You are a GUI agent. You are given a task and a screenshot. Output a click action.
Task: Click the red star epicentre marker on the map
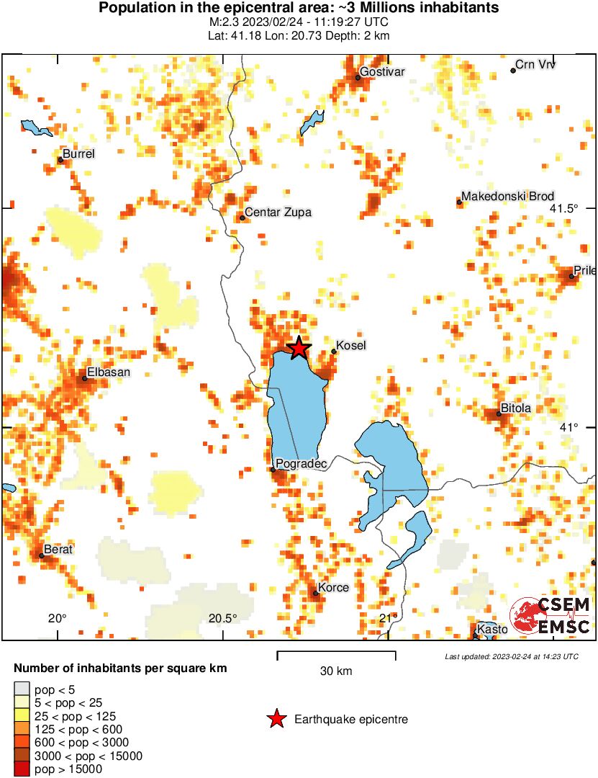pyautogui.click(x=299, y=348)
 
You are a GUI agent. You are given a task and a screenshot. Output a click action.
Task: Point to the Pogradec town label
pyautogui.click(x=302, y=465)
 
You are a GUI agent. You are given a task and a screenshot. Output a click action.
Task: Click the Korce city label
pyautogui.click(x=335, y=588)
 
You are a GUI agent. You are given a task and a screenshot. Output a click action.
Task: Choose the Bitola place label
pyautogui.click(x=517, y=408)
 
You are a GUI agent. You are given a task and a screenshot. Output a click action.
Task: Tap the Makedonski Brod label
pyautogui.click(x=508, y=197)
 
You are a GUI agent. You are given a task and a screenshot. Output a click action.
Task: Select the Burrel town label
pyautogui.click(x=78, y=154)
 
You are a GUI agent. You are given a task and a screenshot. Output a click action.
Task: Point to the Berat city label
pyautogui.click(x=58, y=550)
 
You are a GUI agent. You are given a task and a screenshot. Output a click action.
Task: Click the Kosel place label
pyautogui.click(x=351, y=346)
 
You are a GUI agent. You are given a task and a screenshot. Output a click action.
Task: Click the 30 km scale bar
pyautogui.click(x=336, y=656)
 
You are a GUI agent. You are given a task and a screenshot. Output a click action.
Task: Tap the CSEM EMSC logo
pyautogui.click(x=551, y=616)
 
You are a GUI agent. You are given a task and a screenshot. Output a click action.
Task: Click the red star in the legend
pyautogui.click(x=275, y=719)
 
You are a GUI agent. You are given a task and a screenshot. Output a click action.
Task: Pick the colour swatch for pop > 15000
pyautogui.click(x=22, y=769)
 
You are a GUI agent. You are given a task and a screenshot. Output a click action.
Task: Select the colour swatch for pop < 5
pyautogui.click(x=22, y=689)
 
